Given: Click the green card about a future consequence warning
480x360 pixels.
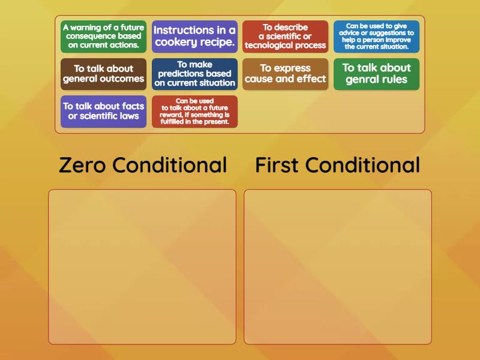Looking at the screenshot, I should pyautogui.click(x=103, y=37).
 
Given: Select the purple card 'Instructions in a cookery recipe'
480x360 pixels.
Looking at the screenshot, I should pyautogui.click(x=194, y=37).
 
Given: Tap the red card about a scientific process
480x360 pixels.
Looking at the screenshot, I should pyautogui.click(x=285, y=37).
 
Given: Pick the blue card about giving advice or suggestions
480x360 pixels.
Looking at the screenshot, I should pyautogui.click(x=376, y=37).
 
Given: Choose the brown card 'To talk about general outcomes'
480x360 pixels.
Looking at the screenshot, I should pyautogui.click(x=103, y=74).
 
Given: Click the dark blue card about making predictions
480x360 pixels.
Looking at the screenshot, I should pyautogui.click(x=194, y=74).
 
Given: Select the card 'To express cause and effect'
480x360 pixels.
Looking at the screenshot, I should pyautogui.click(x=285, y=74).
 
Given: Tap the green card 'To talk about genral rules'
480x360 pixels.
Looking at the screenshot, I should pyautogui.click(x=376, y=74).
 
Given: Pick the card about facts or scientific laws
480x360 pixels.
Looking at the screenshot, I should pyautogui.click(x=103, y=111).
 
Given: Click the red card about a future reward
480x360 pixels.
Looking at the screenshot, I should pyautogui.click(x=194, y=111).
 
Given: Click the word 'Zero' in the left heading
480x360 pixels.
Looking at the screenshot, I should pyautogui.click(x=82, y=166).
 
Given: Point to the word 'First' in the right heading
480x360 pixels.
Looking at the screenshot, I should pyautogui.click(x=277, y=166).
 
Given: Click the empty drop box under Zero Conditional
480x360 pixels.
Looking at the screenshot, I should pyautogui.click(x=142, y=266).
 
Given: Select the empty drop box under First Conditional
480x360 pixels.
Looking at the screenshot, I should pyautogui.click(x=338, y=266).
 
